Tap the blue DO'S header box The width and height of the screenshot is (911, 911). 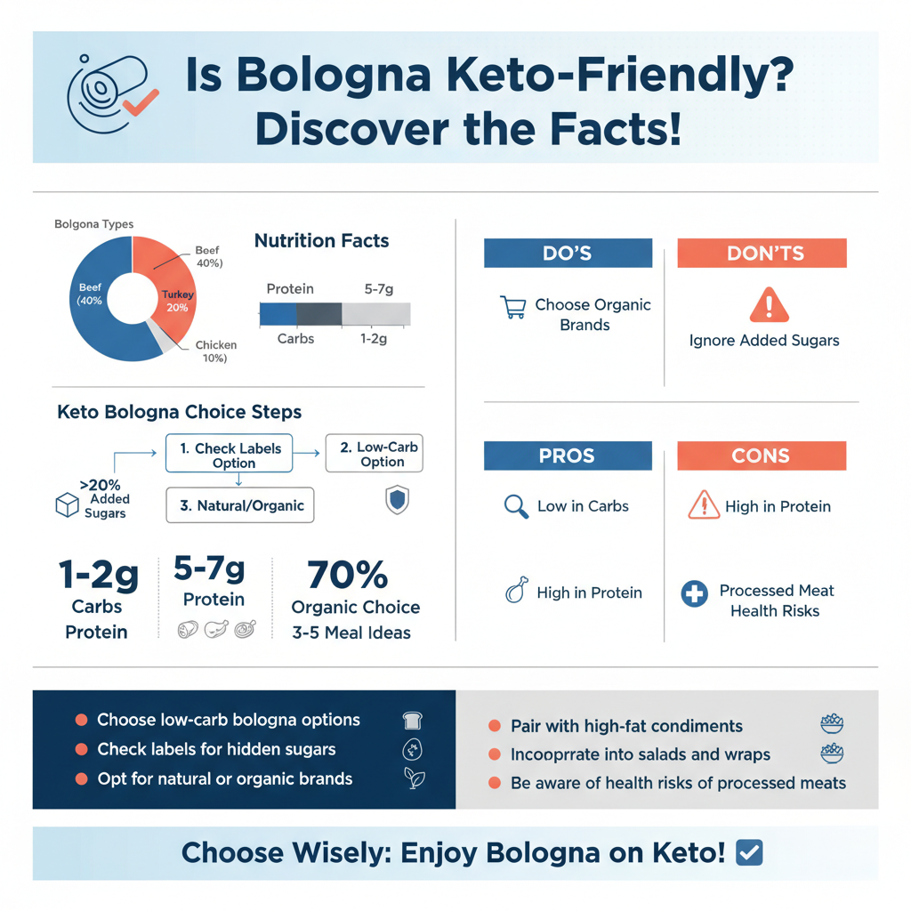pos(568,254)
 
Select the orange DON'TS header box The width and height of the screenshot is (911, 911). pos(762,254)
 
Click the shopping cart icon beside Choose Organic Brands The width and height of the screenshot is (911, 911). pos(512,308)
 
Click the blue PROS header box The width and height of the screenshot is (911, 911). pos(568,455)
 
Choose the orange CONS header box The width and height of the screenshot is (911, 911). pos(762,455)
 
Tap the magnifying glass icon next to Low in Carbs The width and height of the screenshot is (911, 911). pos(515,506)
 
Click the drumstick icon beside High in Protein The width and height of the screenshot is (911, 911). pos(515,591)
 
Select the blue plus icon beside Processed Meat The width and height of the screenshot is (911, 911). pos(694,593)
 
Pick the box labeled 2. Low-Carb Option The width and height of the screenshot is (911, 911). pos(375,455)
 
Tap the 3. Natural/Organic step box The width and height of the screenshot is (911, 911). pos(239,505)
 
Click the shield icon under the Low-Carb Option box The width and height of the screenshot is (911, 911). pos(397,500)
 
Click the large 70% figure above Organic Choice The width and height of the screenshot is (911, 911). pos(347,575)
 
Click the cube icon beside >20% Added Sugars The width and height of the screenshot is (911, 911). pos(68,505)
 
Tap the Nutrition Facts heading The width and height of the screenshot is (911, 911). pos(321,241)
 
